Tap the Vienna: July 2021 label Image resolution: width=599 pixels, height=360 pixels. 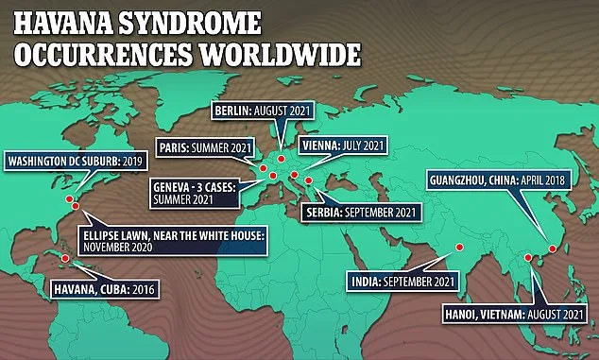pos(343,146)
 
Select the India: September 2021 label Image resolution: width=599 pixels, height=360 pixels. pos(398,281)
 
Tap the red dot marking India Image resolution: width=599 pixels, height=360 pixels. pos(458,248)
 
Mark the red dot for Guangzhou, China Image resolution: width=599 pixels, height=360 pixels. pos(551,249)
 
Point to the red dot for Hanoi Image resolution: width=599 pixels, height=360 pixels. pos(526,257)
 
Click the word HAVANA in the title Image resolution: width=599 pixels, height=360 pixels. pos(60,22)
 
